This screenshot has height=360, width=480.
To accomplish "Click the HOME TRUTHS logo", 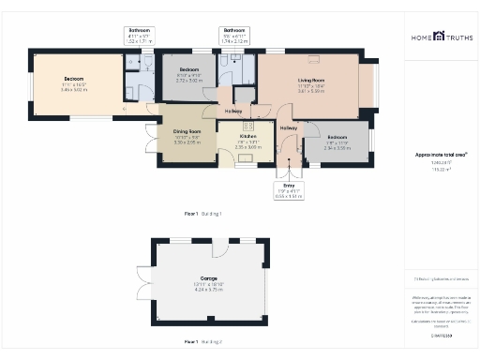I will click(441, 37).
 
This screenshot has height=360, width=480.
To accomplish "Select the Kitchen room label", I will click(247, 136).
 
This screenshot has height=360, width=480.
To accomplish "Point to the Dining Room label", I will click(188, 132).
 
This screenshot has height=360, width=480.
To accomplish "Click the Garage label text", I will click(209, 278).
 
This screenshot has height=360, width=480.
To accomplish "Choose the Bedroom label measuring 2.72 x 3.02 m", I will click(189, 70).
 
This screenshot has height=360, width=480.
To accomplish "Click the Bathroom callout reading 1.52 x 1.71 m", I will click(139, 40).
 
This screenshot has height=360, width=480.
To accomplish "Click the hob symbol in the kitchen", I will click(249, 125).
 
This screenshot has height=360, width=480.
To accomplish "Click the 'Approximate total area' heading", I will click(441, 154).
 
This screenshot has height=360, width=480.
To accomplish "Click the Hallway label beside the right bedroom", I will click(288, 127).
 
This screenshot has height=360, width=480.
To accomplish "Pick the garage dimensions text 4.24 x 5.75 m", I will click(209, 290).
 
